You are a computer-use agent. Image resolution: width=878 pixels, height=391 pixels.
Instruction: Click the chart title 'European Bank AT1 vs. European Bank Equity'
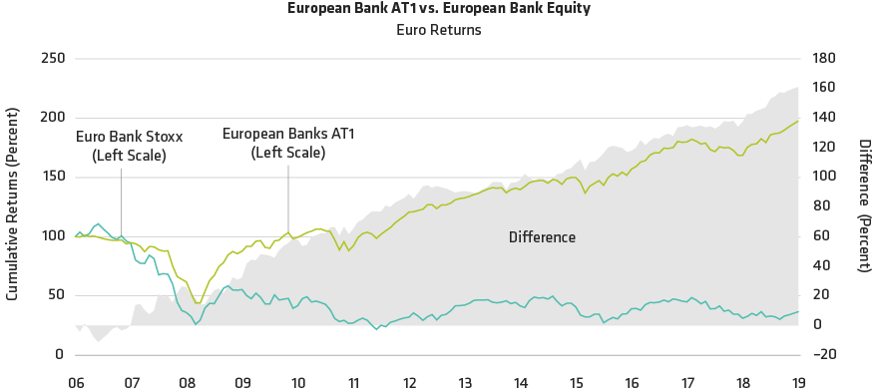pyautogui.click(x=439, y=9)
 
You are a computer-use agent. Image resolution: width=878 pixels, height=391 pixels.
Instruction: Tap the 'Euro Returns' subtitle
pyautogui.click(x=439, y=30)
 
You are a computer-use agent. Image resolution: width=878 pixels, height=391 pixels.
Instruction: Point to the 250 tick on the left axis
pyautogui.click(x=52, y=59)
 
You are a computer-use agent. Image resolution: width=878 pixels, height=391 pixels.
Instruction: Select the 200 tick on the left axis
pyautogui.click(x=52, y=118)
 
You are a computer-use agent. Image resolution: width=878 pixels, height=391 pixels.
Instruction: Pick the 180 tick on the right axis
pyautogui.click(x=821, y=59)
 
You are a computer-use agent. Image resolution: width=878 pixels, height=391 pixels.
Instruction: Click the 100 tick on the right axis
pyautogui.click(x=821, y=177)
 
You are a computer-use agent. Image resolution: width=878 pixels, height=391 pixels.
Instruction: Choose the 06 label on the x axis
pyautogui.click(x=76, y=382)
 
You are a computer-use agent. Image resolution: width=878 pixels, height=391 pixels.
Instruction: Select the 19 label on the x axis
pyautogui.click(x=799, y=382)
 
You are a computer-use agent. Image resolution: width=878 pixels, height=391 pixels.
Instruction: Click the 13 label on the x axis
pyautogui.click(x=465, y=382)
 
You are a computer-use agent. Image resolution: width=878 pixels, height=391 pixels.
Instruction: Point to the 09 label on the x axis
pyautogui.click(x=242, y=382)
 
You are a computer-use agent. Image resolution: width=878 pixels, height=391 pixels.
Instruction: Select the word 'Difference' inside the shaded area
pyautogui.click(x=542, y=237)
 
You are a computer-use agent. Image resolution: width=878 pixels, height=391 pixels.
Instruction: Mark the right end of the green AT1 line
pyautogui.click(x=798, y=122)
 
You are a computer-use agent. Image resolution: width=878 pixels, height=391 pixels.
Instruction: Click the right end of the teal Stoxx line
pyautogui.click(x=798, y=312)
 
